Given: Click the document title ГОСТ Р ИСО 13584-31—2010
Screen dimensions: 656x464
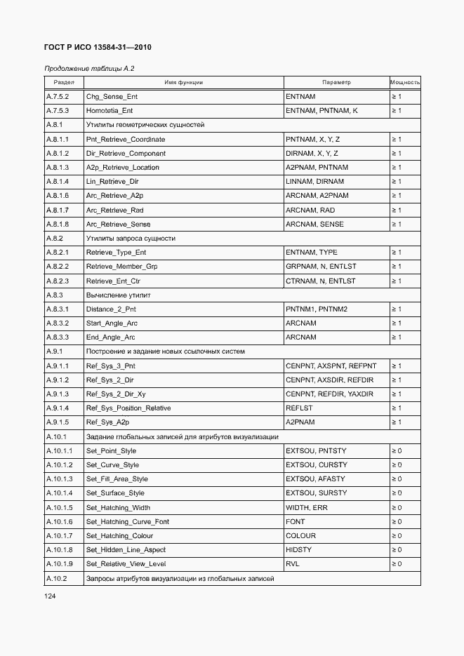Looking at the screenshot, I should pyautogui.click(x=98, y=47).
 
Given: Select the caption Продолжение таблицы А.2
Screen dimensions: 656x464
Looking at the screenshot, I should pyautogui.click(x=89, y=69).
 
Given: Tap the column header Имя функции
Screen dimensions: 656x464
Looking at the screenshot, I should pyautogui.click(x=183, y=82).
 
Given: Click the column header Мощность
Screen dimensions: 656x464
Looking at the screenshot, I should pyautogui.click(x=405, y=82).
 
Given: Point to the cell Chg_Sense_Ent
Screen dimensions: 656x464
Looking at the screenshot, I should pyautogui.click(x=112, y=96).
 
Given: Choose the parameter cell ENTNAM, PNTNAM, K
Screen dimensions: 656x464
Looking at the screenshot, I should pyautogui.click(x=322, y=111).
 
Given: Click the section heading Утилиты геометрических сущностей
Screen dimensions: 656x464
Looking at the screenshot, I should pyautogui.click(x=145, y=125).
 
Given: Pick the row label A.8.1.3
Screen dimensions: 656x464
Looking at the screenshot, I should pyautogui.click(x=58, y=168).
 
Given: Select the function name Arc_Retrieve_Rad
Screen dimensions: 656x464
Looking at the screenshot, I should pyautogui.click(x=114, y=210).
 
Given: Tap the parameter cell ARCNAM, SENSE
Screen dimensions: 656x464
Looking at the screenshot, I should pyautogui.click(x=314, y=225).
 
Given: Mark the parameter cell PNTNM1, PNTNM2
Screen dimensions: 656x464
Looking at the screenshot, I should pyautogui.click(x=317, y=309).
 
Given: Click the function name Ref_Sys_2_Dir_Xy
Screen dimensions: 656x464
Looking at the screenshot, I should pyautogui.click(x=116, y=394).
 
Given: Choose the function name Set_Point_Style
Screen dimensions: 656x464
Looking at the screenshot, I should pyautogui.click(x=111, y=451).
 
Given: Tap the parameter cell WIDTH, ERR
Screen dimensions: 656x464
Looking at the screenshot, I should pyautogui.click(x=306, y=507).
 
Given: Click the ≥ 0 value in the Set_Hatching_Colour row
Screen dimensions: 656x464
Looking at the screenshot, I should pyautogui.click(x=397, y=536).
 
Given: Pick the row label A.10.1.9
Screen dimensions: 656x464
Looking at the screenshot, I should pyautogui.click(x=59, y=564).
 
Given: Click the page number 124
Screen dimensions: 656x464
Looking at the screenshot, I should pyautogui.click(x=50, y=596).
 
